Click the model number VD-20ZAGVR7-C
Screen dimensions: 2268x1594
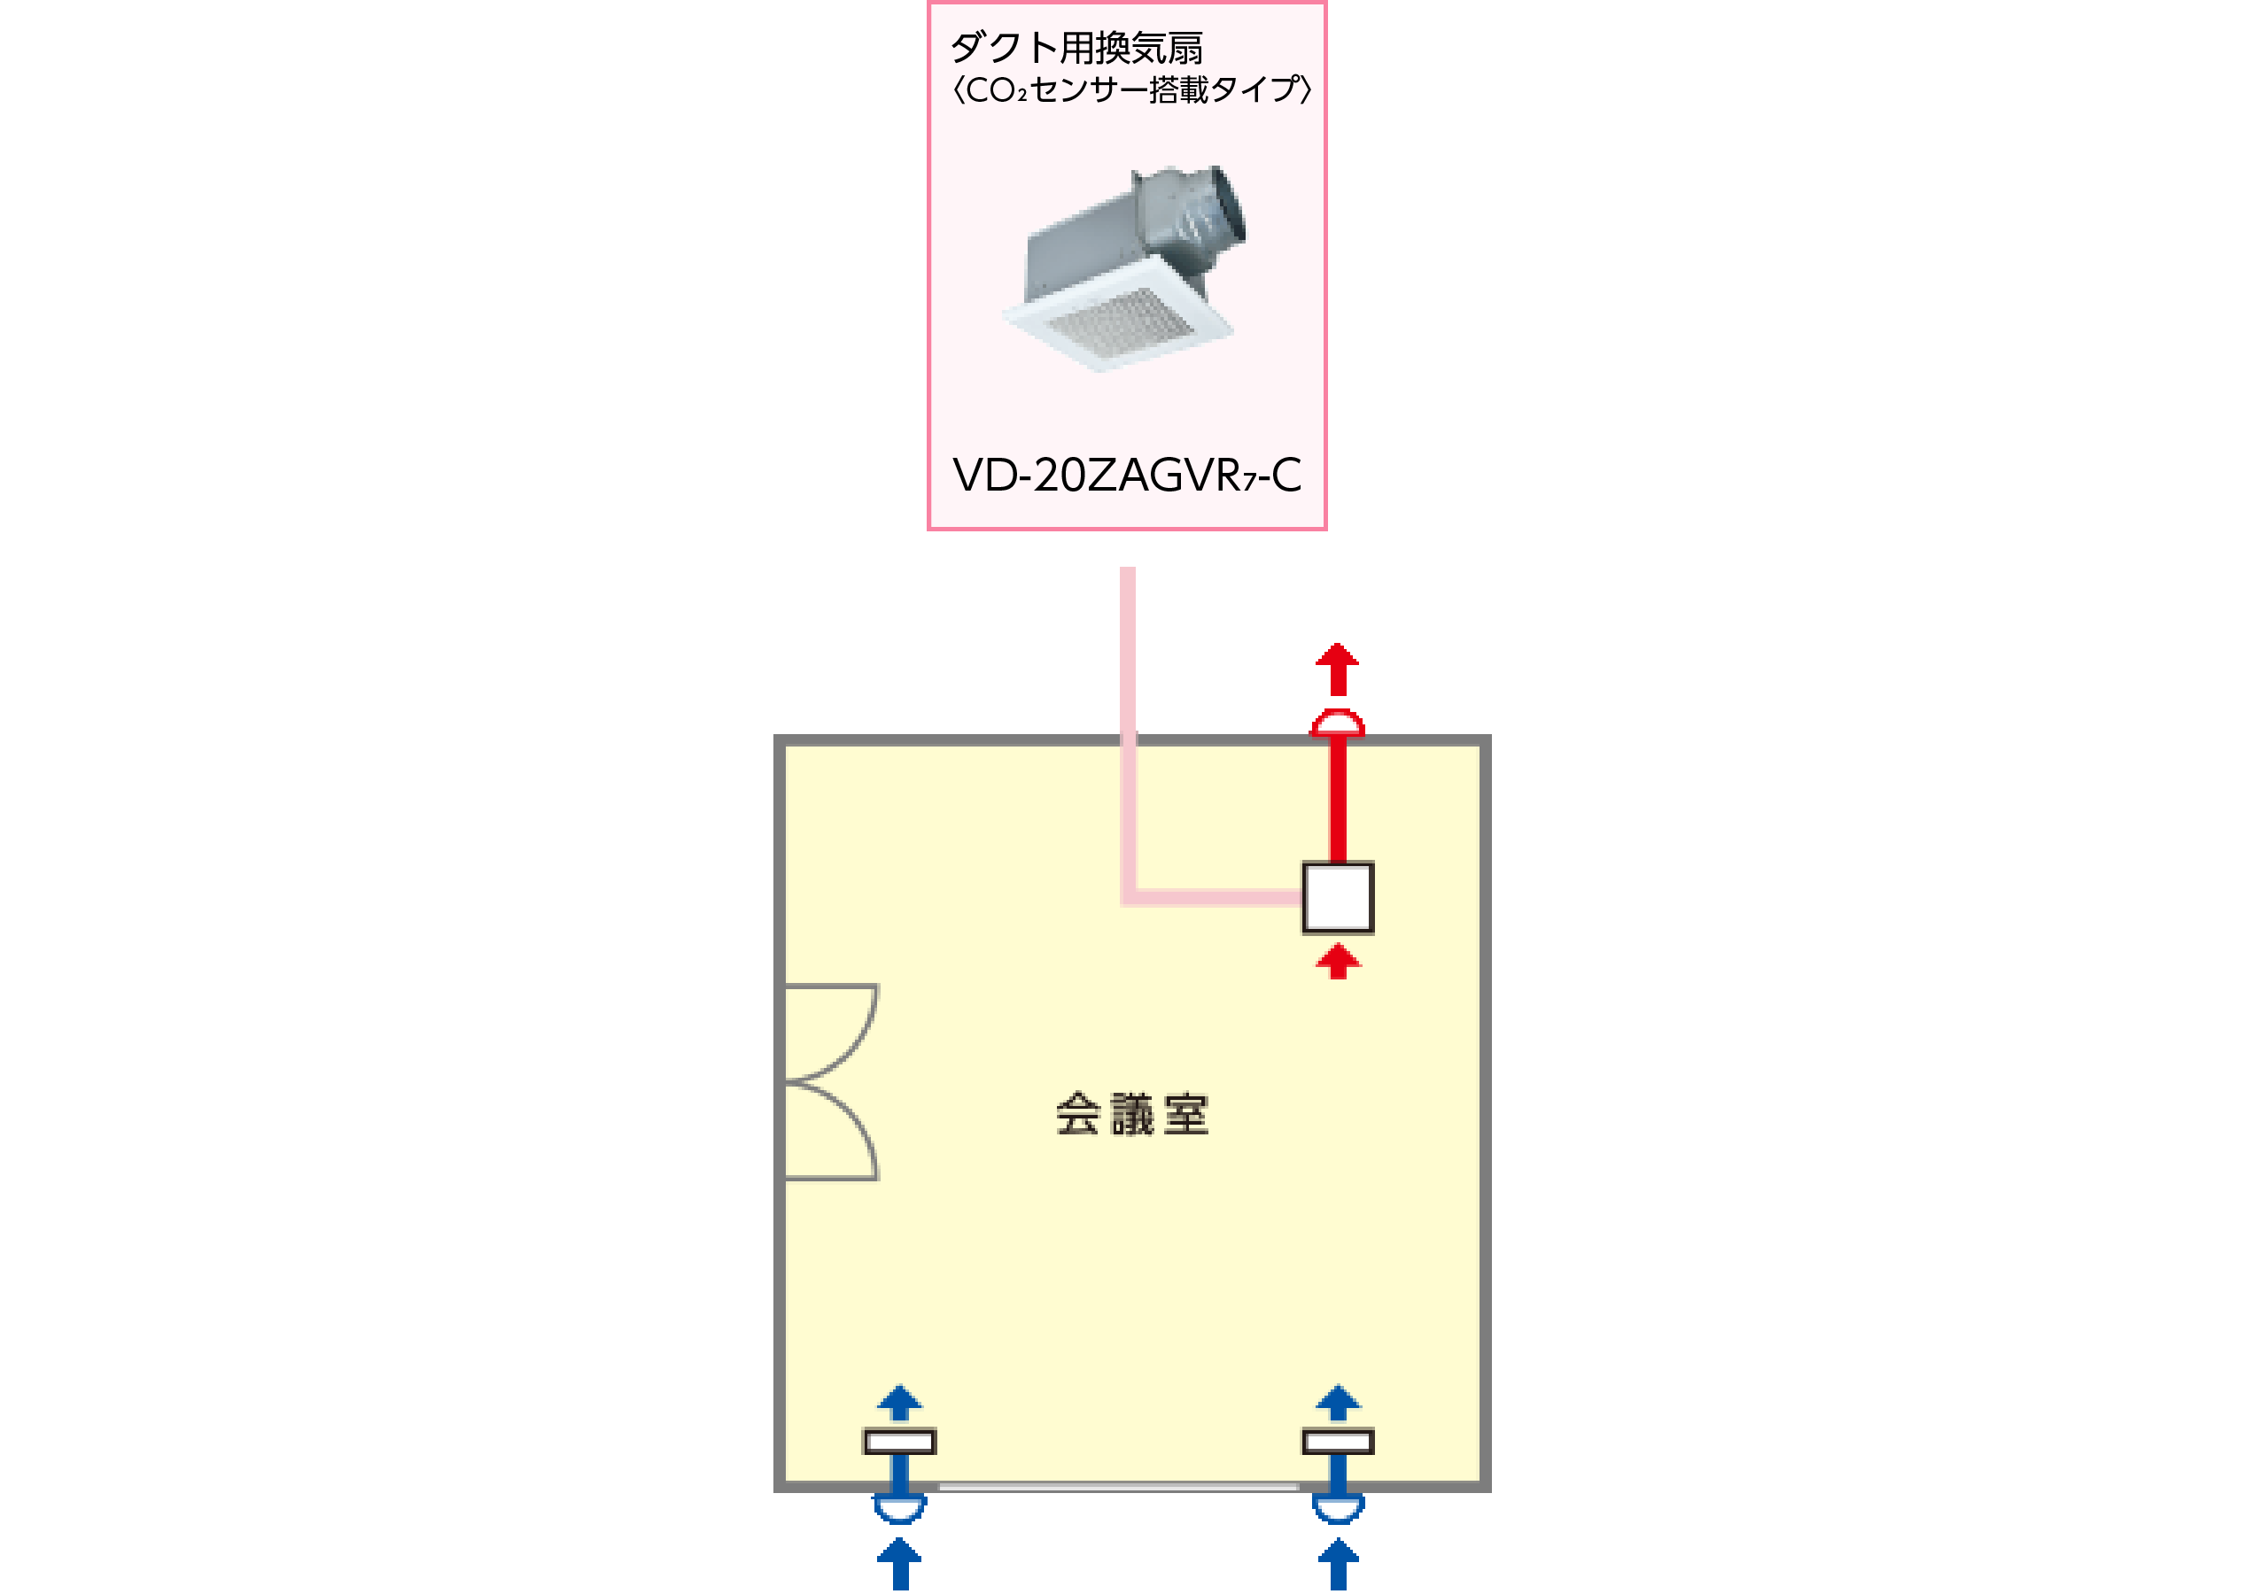tap(1126, 475)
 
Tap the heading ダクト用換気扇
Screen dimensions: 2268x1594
tap(1076, 48)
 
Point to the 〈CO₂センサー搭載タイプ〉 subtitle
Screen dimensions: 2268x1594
tap(1131, 89)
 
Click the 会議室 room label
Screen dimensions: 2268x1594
tap(1132, 1114)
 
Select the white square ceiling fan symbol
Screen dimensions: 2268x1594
tap(1338, 897)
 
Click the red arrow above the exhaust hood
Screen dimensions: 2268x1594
tap(1338, 669)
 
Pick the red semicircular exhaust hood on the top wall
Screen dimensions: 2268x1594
tap(1338, 723)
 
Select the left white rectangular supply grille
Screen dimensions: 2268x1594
tap(899, 1442)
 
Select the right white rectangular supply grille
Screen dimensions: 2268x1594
tap(1338, 1442)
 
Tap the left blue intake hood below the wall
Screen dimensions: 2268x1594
tap(899, 1508)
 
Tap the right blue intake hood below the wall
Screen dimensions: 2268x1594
tap(1338, 1508)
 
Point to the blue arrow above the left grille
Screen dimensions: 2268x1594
tap(899, 1403)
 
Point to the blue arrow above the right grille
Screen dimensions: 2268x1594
tap(1338, 1403)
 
